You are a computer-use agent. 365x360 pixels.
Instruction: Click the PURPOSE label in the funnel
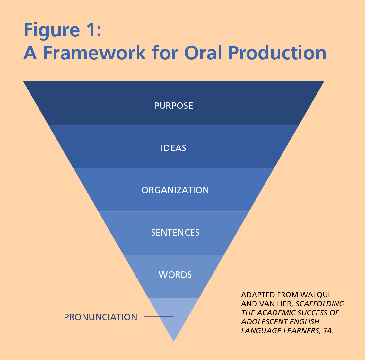click(173, 106)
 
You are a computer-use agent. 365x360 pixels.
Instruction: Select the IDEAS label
click(173, 148)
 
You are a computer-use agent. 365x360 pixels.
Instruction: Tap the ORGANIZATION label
click(175, 190)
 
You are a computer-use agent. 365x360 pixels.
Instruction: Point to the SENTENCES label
click(175, 233)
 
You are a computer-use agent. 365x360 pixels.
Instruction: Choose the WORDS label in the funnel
click(175, 275)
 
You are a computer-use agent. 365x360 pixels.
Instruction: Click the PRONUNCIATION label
click(100, 317)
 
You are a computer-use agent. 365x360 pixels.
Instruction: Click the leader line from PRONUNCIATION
click(159, 316)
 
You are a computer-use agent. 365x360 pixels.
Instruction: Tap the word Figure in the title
click(52, 30)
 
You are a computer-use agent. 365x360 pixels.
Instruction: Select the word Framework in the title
click(94, 53)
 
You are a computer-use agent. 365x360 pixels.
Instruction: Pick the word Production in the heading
click(277, 53)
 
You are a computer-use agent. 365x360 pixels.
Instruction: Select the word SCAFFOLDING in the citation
click(320, 304)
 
